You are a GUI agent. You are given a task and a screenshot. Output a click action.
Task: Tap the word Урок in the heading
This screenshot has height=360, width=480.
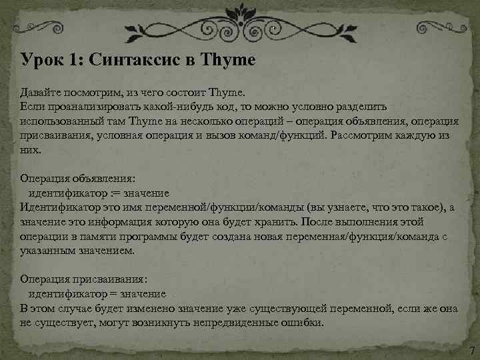click(41, 60)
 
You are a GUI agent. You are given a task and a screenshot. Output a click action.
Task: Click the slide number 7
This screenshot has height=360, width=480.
click(471, 351)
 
